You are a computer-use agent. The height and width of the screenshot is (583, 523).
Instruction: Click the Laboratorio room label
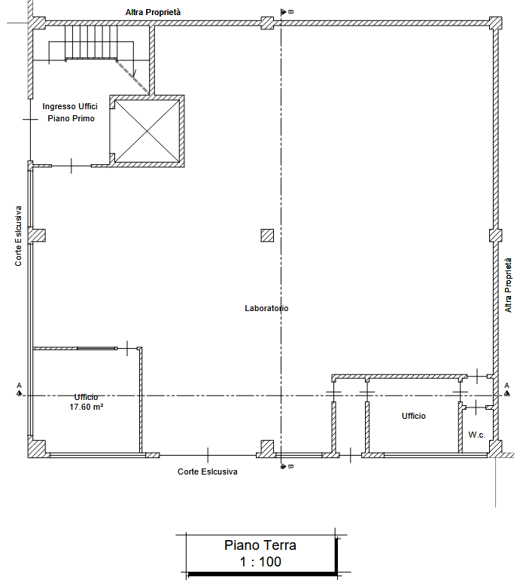[266, 308]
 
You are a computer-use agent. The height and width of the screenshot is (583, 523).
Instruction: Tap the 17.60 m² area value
[87, 407]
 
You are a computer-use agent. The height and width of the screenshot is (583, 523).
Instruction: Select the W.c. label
[477, 435]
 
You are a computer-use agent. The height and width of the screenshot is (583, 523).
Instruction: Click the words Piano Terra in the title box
[260, 545]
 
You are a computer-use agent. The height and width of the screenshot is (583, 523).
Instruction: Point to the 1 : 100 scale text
[260, 561]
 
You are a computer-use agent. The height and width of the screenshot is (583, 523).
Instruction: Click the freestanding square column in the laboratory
[267, 235]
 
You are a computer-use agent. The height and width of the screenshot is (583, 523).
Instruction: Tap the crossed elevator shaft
[147, 131]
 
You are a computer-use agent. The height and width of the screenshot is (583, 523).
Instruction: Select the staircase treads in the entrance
[91, 41]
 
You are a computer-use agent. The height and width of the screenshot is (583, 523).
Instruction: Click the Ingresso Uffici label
[70, 106]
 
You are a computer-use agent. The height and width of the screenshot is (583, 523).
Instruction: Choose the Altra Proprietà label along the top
[153, 12]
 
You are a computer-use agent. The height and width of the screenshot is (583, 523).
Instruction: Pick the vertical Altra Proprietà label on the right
[508, 285]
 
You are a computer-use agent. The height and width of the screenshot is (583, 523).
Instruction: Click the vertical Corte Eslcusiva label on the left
[18, 236]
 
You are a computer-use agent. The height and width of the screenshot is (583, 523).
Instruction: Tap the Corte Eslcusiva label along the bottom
[207, 472]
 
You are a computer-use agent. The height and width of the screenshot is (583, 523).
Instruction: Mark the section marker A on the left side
[20, 389]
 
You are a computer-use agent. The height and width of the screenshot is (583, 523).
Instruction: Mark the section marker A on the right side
[506, 389]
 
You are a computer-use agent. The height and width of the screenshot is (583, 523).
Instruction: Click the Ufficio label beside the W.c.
[413, 416]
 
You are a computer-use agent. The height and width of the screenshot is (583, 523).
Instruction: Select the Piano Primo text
[71, 118]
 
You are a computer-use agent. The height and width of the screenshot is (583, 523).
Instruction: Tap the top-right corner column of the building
[495, 23]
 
